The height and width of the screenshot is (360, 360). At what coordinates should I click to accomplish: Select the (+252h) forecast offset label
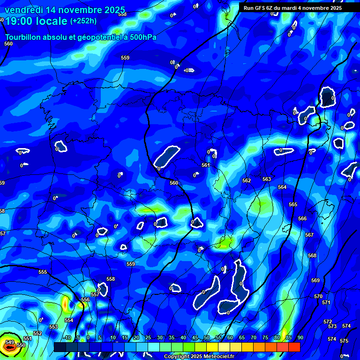tap(83, 21)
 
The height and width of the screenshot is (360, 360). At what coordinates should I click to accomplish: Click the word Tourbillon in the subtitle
tap(24, 37)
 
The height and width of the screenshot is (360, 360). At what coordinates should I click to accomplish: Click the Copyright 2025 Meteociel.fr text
tap(199, 356)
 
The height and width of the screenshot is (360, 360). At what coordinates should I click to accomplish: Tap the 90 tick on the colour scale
tap(300, 338)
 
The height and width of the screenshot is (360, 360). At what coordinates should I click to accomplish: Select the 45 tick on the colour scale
tap(195, 338)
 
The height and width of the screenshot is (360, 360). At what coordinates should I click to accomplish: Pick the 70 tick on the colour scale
tap(253, 338)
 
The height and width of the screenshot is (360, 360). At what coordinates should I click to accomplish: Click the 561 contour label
tap(206, 165)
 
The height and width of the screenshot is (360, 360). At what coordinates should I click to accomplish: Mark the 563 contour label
tap(267, 180)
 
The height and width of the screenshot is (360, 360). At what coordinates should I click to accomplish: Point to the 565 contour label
tap(293, 205)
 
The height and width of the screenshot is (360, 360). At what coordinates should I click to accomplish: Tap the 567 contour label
tap(309, 235)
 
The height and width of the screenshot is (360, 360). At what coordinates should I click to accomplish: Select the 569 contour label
tap(315, 281)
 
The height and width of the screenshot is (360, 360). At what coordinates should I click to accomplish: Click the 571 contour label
tap(326, 302)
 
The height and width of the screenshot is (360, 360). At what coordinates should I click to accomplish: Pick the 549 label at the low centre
tap(9, 342)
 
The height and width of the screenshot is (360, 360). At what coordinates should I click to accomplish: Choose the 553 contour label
tap(53, 327)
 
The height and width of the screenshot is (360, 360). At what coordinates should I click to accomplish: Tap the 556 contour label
tap(85, 300)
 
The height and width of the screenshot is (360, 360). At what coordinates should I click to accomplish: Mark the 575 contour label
tap(344, 341)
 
